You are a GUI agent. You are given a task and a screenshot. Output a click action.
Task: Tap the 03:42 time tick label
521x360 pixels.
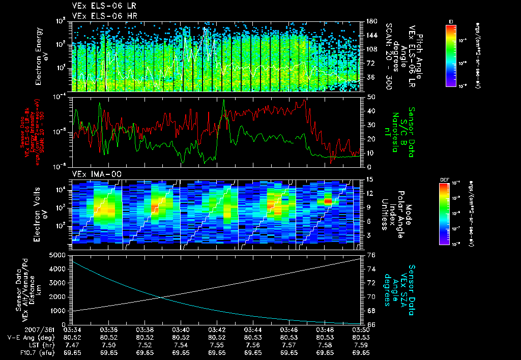pos(217,329)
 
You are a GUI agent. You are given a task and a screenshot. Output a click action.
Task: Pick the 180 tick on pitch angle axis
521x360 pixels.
pos(370,21)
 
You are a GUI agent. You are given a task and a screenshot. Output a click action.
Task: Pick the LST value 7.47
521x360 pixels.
pos(73,344)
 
